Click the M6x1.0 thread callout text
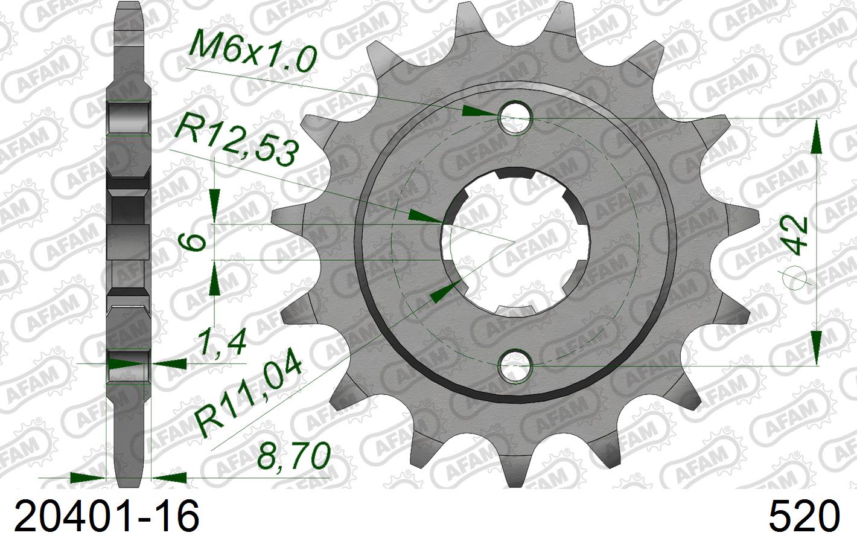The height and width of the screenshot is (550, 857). click(252, 51)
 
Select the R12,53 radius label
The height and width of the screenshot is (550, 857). click(235, 144)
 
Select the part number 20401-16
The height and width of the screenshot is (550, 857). click(106, 517)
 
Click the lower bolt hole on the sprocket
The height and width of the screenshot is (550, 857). click(515, 365)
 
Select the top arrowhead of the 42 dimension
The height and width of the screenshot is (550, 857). click(816, 136)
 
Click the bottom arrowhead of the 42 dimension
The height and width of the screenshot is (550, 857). click(816, 347)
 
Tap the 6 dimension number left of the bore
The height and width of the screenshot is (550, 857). click(194, 242)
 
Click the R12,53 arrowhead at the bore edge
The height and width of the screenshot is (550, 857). click(425, 217)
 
